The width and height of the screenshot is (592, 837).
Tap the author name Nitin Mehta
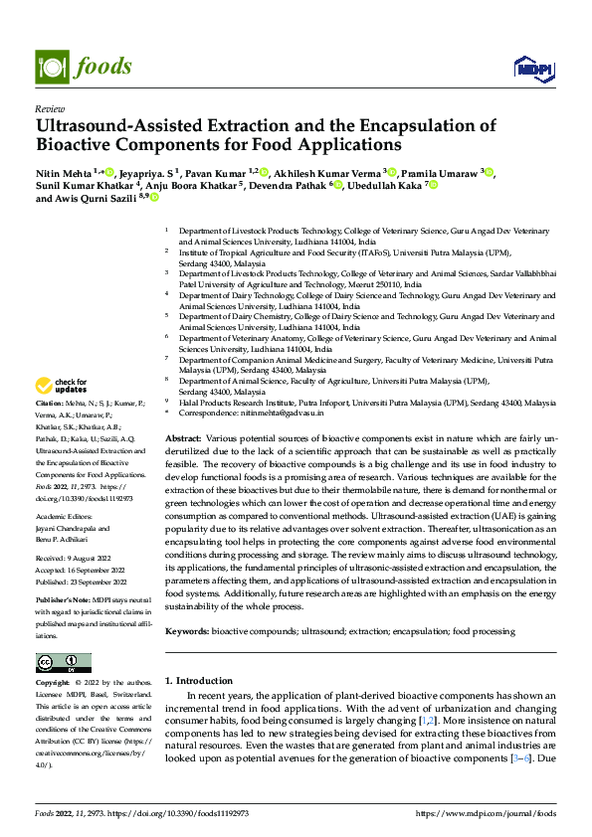click(x=63, y=172)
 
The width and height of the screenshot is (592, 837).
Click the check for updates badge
click(x=61, y=386)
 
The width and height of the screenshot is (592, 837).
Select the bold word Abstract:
click(x=183, y=438)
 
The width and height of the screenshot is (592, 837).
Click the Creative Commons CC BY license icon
click(x=63, y=663)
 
